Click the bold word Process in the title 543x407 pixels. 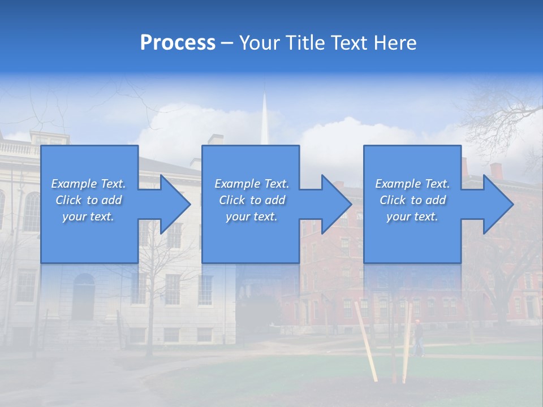(x=178, y=43)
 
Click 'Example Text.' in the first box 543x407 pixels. (x=88, y=184)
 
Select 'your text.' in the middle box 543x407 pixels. (x=251, y=217)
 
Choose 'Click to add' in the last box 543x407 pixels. (x=412, y=200)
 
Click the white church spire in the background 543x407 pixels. (x=264, y=122)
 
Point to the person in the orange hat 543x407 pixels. (x=417, y=337)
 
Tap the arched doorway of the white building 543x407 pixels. (x=83, y=297)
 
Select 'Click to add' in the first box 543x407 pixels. (x=88, y=200)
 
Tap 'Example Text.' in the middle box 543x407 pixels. (x=251, y=184)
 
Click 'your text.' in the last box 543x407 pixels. (x=412, y=217)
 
